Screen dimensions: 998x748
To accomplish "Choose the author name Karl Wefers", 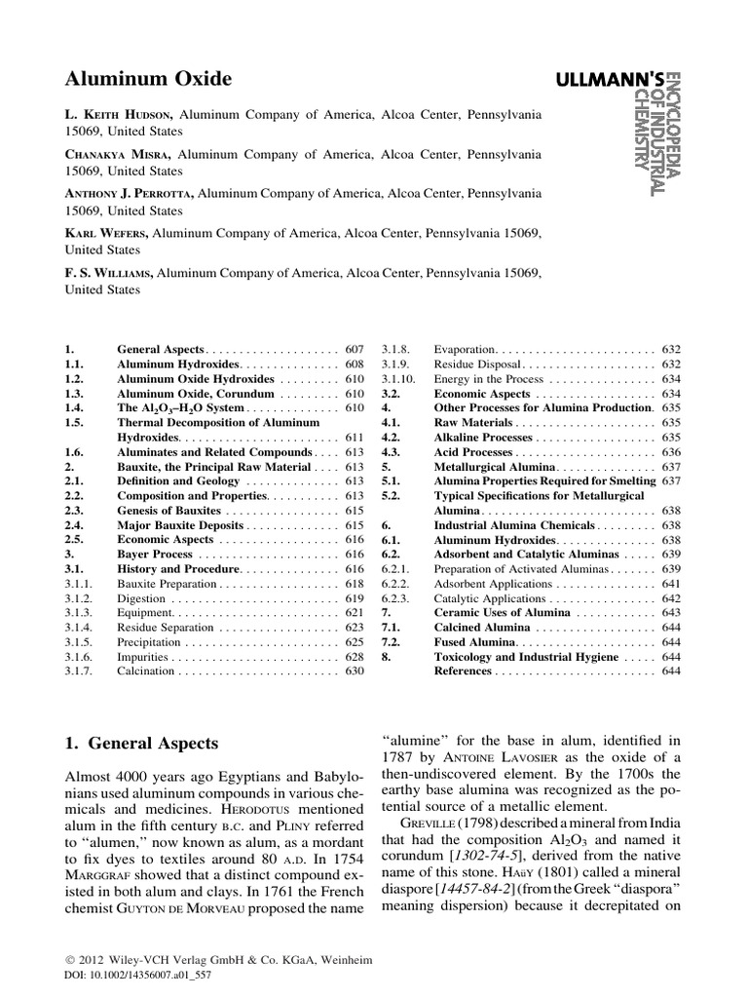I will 107,233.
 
